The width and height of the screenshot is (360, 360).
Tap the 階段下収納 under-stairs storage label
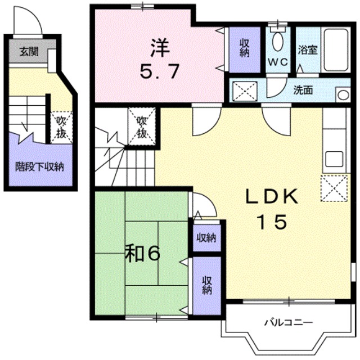(39, 167)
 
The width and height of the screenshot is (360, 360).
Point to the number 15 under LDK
(273, 222)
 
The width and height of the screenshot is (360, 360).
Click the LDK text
(272, 197)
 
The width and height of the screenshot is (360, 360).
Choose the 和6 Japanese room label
(143, 254)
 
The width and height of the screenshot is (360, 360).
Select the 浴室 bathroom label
(308, 50)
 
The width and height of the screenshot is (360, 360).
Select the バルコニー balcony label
(289, 323)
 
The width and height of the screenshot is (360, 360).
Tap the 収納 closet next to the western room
(244, 49)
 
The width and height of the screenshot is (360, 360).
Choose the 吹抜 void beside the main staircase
(141, 127)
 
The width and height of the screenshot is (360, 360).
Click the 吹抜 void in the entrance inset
(60, 129)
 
